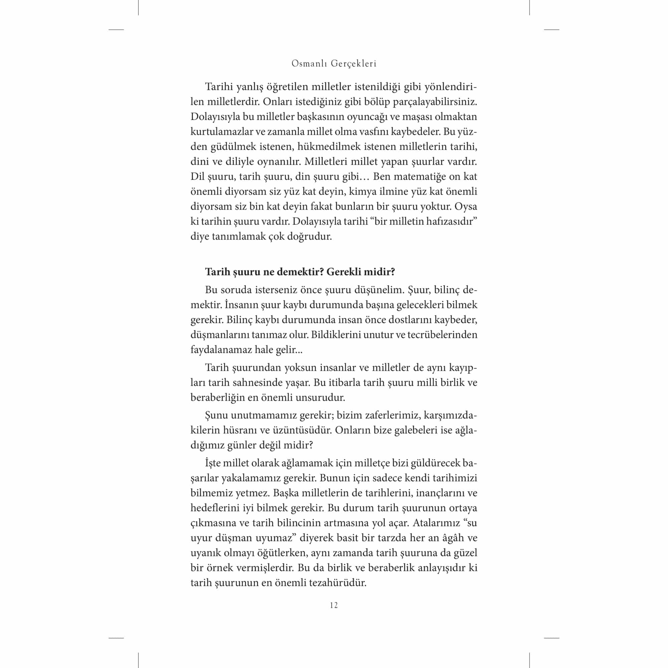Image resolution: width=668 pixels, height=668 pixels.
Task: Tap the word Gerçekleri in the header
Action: pyautogui.click(x=354, y=63)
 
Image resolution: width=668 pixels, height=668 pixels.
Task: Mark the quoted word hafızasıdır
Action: pyautogui.click(x=450, y=222)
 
